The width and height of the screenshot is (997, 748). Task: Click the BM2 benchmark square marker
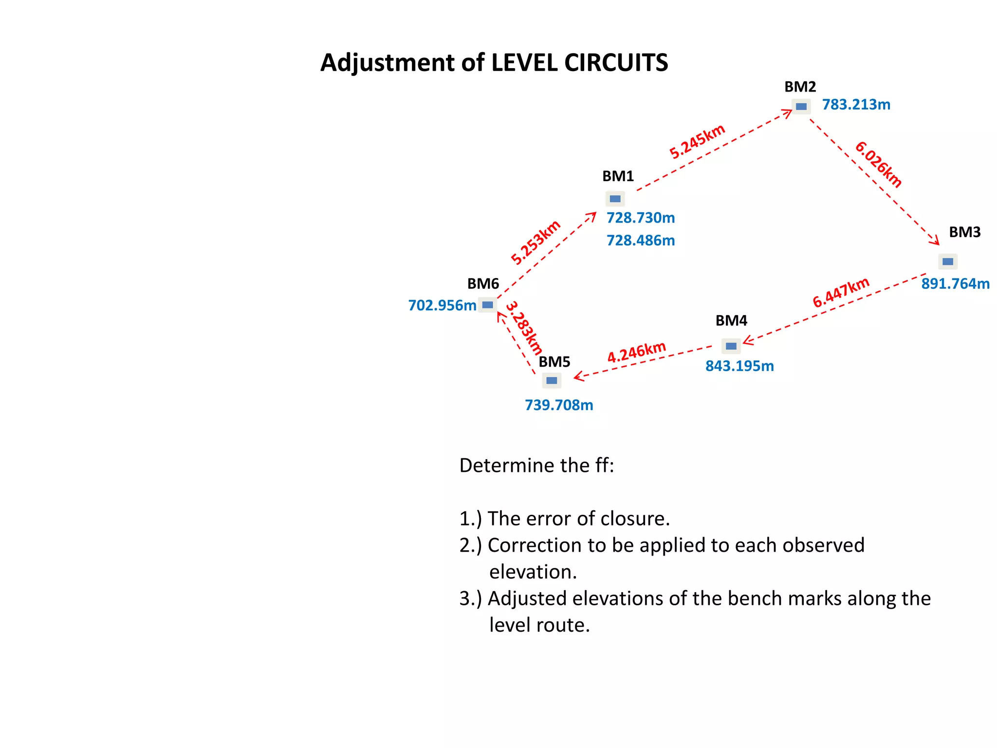[801, 106]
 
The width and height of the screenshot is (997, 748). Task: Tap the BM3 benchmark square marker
[947, 262]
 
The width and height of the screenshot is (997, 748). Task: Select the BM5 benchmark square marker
[552, 380]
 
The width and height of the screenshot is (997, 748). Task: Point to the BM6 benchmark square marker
[487, 305]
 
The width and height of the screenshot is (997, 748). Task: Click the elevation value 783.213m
[856, 105]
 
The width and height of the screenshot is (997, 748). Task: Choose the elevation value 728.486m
[640, 241]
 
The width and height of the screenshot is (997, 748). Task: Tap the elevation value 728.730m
[640, 218]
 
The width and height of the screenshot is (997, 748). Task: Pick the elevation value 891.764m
[955, 283]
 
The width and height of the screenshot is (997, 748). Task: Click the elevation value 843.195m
[739, 366]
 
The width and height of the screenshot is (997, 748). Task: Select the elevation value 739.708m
[559, 405]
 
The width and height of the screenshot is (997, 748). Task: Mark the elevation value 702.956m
[442, 305]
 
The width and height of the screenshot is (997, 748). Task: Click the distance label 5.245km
[697, 142]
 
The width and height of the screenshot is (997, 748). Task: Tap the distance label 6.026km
[878, 164]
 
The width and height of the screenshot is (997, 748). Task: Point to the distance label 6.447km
[841, 292]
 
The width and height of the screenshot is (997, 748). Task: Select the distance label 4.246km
[636, 352]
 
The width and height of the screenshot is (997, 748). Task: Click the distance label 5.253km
[535, 243]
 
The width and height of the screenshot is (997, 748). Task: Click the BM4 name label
[731, 320]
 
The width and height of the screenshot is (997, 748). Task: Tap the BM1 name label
[618, 176]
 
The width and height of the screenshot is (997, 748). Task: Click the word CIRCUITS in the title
[616, 63]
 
